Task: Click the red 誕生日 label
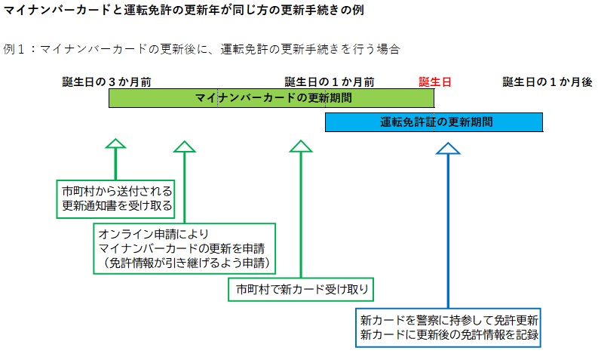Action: [x=435, y=82]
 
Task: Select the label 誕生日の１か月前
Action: [x=330, y=82]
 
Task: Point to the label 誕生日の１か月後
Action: [x=547, y=82]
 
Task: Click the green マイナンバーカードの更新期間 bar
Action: [x=271, y=98]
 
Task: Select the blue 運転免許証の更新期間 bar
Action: [x=434, y=122]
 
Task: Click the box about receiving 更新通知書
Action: [x=117, y=198]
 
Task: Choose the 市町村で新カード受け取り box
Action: [x=301, y=289]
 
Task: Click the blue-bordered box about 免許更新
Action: [x=449, y=326]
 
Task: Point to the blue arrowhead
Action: [x=448, y=146]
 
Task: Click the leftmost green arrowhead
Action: [x=115, y=144]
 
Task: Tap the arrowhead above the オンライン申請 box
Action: [x=184, y=145]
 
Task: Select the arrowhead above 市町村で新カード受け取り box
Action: [x=301, y=145]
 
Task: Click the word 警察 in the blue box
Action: [x=415, y=318]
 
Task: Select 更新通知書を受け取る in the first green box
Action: [x=117, y=205]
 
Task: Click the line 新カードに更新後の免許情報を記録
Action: [x=449, y=334]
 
